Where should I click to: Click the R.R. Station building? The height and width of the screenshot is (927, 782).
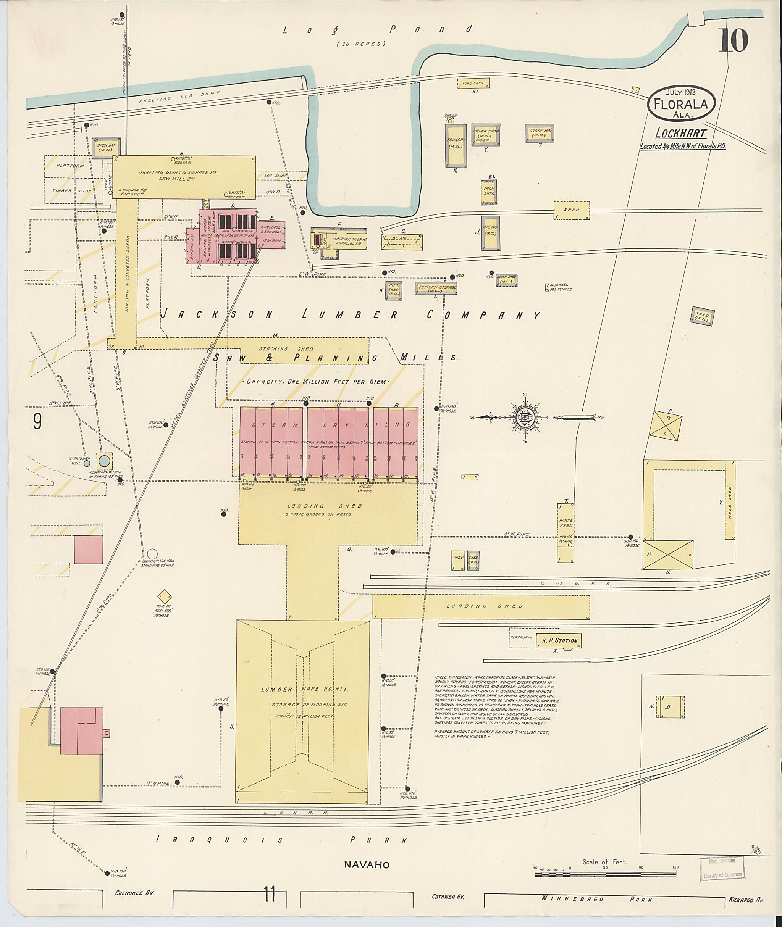559,640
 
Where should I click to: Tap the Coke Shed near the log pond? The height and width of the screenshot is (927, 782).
473,83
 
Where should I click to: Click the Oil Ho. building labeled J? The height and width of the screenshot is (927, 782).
490,233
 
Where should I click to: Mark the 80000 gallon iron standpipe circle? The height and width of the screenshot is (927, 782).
152,554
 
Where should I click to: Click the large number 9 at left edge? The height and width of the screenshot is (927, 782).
37,421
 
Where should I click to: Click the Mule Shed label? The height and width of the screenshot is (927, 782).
730,503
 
